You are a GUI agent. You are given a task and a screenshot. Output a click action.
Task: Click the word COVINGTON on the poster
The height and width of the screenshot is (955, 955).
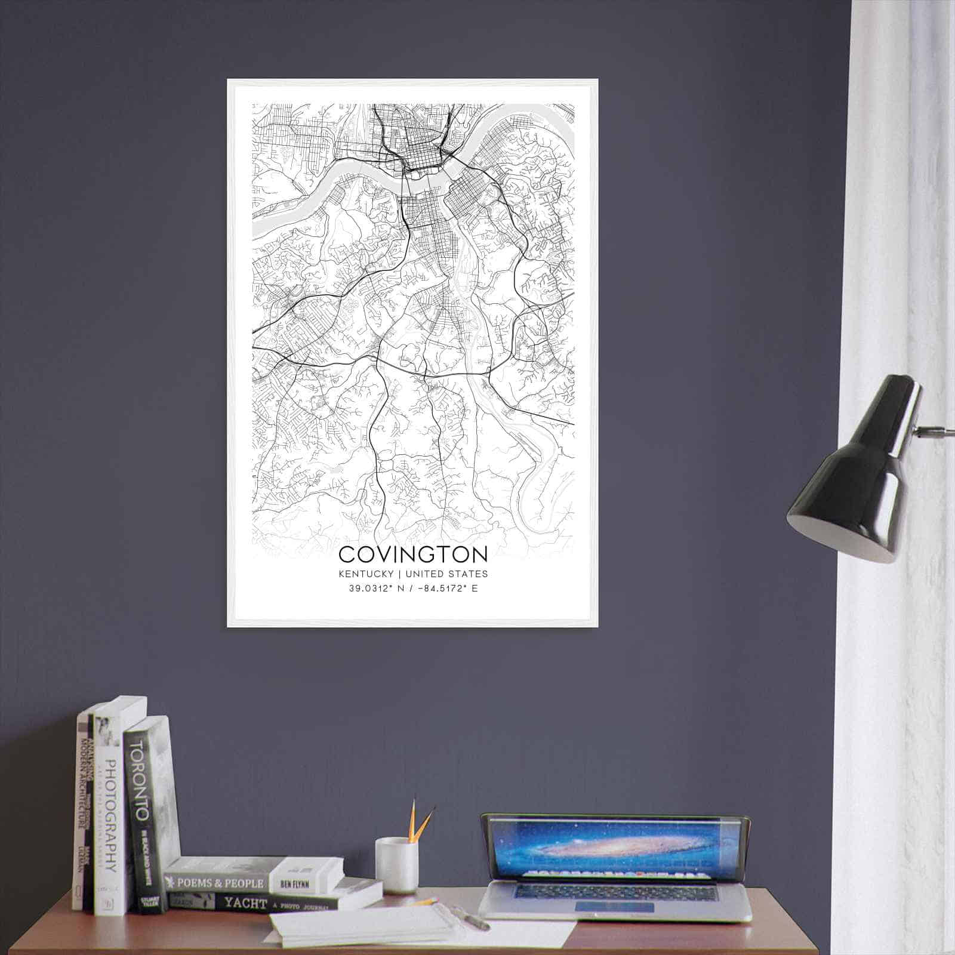tap(412, 554)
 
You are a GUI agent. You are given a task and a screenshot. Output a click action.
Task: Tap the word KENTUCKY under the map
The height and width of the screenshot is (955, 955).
tap(365, 574)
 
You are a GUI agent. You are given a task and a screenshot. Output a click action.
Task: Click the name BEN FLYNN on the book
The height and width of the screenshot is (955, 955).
tap(297, 883)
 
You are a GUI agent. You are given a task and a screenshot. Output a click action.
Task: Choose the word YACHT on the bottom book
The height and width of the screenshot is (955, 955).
tap(244, 903)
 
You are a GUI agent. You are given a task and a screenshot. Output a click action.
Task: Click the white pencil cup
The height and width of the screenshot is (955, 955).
tap(396, 865)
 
